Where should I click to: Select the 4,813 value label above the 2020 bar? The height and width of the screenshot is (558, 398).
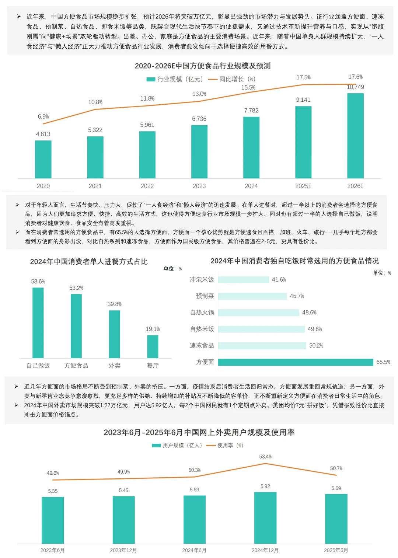point(43,134)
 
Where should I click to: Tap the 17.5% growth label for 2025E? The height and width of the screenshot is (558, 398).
point(303,77)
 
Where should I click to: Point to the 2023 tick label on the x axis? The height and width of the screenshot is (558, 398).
point(199,186)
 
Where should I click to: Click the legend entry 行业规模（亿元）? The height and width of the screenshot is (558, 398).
point(175,79)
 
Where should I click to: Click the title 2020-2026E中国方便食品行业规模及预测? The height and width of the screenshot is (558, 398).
point(203,66)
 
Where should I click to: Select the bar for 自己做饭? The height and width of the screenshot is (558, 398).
point(38,322)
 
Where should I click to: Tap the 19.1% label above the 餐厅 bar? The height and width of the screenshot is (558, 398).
point(153,329)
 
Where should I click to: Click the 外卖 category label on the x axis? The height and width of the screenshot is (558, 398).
point(114,365)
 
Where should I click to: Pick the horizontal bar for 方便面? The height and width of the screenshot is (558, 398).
point(296,362)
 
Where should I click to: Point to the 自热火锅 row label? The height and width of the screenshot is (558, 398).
point(202,313)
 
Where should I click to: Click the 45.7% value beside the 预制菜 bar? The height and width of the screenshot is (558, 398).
point(297,296)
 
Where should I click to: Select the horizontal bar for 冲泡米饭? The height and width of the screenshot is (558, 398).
point(244,280)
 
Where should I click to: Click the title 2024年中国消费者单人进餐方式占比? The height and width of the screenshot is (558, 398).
point(89,262)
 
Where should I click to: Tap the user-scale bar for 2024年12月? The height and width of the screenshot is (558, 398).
point(265,518)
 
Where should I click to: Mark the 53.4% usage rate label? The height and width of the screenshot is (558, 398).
point(265,457)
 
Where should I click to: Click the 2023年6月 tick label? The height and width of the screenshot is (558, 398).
point(52,550)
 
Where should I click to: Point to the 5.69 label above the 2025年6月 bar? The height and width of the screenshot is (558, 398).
point(336,488)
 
